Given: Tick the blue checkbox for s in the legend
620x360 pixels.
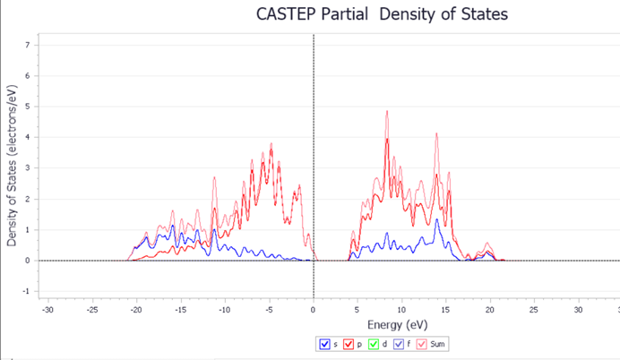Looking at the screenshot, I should click(323, 344).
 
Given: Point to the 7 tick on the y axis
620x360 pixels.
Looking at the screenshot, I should click(29, 45).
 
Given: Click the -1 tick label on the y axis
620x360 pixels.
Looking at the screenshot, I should click(28, 292).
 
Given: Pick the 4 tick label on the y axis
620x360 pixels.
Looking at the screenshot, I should click(29, 138).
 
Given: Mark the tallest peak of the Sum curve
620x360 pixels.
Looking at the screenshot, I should click(387, 111).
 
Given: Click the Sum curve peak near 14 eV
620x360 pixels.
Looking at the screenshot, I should click(436, 133).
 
